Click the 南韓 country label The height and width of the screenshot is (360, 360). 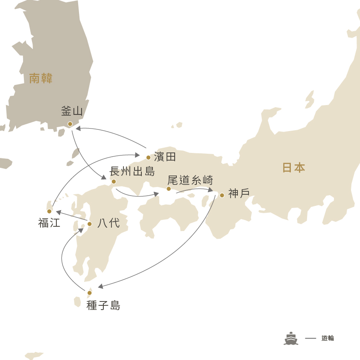[x=41, y=78]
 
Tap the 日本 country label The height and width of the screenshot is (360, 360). [x=294, y=167]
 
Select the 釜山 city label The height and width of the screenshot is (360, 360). [x=72, y=111]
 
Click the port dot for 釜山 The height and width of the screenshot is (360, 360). [x=70, y=124]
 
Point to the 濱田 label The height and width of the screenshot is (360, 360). [x=165, y=157]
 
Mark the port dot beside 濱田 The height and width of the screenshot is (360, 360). [x=148, y=158]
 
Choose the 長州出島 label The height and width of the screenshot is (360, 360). [x=132, y=172]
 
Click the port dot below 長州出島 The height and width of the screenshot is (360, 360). [x=114, y=181]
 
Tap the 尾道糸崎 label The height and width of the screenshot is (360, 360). [x=190, y=180]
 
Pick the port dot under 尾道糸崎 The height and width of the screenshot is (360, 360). [x=169, y=189]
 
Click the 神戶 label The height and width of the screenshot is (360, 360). [x=239, y=193]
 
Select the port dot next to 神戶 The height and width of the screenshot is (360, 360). [x=222, y=195]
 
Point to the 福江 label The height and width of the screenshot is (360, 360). [x=49, y=223]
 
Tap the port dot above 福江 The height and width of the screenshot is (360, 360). [x=49, y=211]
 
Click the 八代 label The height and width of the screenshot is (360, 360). [x=108, y=223]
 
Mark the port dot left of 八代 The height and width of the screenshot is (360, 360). [x=90, y=224]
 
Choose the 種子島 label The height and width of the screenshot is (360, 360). [x=103, y=305]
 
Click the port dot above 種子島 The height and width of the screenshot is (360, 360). [x=90, y=293]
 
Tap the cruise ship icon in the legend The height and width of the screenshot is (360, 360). [x=291, y=338]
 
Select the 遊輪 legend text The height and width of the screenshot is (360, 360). [x=328, y=338]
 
